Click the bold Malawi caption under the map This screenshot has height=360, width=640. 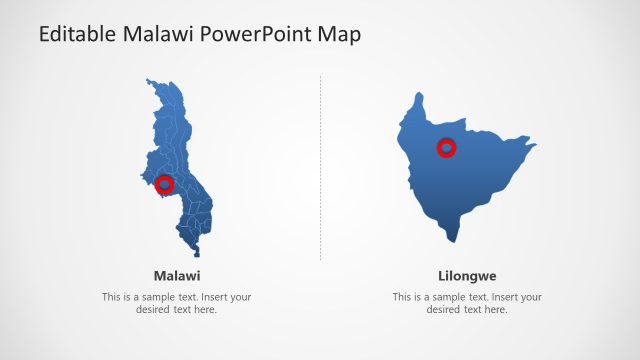pyautogui.click(x=177, y=275)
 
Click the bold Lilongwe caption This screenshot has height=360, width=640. pyautogui.click(x=467, y=275)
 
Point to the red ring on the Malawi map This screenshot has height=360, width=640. pyautogui.click(x=165, y=184)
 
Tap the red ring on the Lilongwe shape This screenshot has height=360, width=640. pyautogui.click(x=446, y=149)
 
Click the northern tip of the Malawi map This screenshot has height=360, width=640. pyautogui.click(x=149, y=80)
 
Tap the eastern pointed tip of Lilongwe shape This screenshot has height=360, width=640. pyautogui.click(x=535, y=146)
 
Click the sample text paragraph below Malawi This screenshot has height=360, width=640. pyautogui.click(x=177, y=303)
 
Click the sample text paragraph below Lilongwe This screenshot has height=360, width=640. pyautogui.click(x=467, y=303)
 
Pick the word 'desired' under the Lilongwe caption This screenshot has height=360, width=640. pyautogui.click(x=444, y=310)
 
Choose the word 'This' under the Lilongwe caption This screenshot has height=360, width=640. pyautogui.click(x=403, y=297)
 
